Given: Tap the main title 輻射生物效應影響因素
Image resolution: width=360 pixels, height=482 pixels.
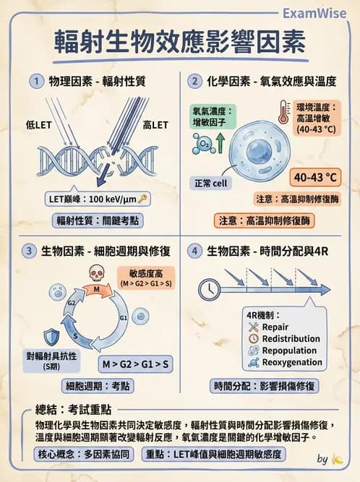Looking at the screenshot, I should point(180,41).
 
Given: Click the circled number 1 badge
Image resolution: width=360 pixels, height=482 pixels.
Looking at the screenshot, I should point(35,81).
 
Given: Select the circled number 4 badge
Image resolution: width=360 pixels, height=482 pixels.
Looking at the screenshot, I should point(194,251).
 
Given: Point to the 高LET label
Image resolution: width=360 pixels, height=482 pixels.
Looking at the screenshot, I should point(155,125).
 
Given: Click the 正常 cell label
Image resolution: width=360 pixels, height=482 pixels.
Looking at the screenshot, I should point(210,184).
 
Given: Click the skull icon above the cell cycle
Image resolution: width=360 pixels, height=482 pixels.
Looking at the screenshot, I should point(95,273).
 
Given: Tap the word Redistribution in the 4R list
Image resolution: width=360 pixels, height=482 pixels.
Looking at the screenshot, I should point(291,338).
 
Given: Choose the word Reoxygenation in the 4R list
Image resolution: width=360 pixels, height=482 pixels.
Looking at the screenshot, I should point(292,362).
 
